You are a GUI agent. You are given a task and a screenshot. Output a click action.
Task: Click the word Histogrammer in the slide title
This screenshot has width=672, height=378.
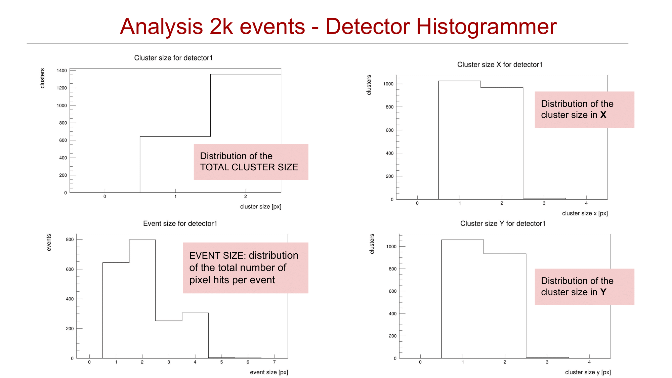(x=487, y=27)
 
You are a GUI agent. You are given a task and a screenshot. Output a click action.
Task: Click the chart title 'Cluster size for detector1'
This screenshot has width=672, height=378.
(x=173, y=58)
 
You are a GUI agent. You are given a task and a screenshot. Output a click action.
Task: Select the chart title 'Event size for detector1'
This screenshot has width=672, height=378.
(x=180, y=223)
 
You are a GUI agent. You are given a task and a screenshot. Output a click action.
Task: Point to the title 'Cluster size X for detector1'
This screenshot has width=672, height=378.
(x=500, y=65)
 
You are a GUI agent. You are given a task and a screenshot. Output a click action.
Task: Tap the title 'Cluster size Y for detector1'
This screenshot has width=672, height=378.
(x=503, y=223)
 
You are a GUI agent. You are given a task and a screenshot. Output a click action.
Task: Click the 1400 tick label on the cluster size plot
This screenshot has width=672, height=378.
(x=62, y=71)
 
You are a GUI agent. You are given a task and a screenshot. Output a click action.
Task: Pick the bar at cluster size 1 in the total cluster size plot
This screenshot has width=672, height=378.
(x=175, y=164)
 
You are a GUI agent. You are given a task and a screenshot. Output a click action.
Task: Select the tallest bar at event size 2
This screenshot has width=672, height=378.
(x=142, y=299)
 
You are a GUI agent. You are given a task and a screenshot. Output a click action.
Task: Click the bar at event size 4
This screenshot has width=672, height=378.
(x=195, y=335)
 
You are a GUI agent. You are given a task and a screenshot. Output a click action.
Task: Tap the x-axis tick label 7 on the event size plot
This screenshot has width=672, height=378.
(x=274, y=362)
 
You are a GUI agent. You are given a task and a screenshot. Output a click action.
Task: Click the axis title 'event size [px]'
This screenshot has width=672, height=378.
(x=269, y=372)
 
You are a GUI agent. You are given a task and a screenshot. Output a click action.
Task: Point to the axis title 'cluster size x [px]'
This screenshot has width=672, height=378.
(x=585, y=213)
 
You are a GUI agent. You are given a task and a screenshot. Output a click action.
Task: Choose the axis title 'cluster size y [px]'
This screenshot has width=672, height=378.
(x=588, y=372)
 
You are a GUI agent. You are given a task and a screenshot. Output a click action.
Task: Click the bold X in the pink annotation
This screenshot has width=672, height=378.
(x=603, y=115)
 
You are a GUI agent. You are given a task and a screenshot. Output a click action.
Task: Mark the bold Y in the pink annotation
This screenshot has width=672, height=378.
(x=603, y=292)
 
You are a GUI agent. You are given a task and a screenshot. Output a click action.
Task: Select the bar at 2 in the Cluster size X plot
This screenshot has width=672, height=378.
(x=502, y=143)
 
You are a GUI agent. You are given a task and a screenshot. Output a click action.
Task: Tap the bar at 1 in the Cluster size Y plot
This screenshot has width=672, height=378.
(x=463, y=299)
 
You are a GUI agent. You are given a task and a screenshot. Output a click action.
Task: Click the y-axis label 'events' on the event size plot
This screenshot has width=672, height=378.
(x=49, y=243)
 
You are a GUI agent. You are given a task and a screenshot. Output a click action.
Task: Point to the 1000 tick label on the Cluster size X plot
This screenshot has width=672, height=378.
(x=388, y=84)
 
